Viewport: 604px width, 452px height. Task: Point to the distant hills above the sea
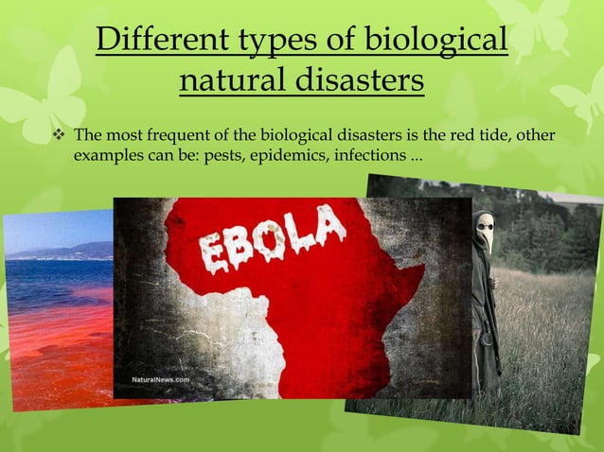(76, 251)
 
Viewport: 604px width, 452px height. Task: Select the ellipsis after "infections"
(417, 156)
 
